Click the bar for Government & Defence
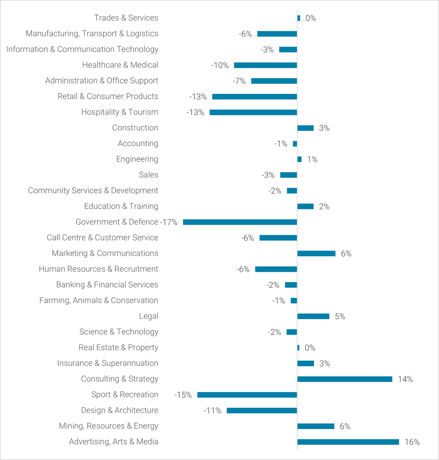pyautogui.click(x=240, y=222)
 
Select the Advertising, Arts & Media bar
pyautogui.click(x=348, y=442)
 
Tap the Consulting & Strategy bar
pyautogui.click(x=345, y=379)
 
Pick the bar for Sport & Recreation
pyautogui.click(x=247, y=395)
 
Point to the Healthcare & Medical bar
pyautogui.click(x=265, y=65)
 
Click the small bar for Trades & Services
pyautogui.click(x=299, y=18)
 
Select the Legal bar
pyautogui.click(x=313, y=316)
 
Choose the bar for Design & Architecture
pyautogui.click(x=262, y=410)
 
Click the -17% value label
pyautogui.click(x=169, y=222)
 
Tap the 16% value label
pyautogui.click(x=412, y=442)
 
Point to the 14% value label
pyautogui.click(x=405, y=379)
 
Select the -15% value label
pyautogui.click(x=183, y=395)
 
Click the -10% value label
pyautogui.click(x=220, y=65)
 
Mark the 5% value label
pyautogui.click(x=340, y=317)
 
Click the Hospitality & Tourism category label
pyautogui.click(x=120, y=112)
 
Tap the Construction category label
pyautogui.click(x=135, y=128)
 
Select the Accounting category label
pyautogui.click(x=138, y=143)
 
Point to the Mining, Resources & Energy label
pyautogui.click(x=108, y=426)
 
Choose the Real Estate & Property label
pyautogui.click(x=118, y=348)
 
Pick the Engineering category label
pyautogui.click(x=137, y=159)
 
